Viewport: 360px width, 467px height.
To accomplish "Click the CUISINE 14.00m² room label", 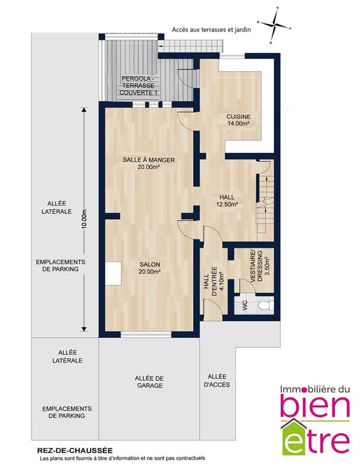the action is [x=238, y=120].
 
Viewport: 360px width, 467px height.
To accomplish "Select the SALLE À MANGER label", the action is [x=149, y=160].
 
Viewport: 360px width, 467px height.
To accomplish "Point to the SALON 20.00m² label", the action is [x=150, y=268].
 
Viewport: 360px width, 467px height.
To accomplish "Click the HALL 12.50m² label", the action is [x=227, y=200].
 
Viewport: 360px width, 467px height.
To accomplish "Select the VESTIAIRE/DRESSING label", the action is [x=260, y=266].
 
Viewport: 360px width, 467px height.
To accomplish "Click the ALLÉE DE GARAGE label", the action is [x=149, y=382].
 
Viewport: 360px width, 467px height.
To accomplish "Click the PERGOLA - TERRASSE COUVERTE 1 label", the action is [x=138, y=85].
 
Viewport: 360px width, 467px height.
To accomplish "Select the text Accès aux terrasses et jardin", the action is [x=211, y=30].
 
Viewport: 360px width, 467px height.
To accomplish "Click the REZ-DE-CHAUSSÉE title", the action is [x=75, y=451].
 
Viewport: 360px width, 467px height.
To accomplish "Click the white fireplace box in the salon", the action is [x=113, y=273].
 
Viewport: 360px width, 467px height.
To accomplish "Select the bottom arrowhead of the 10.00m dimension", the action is [x=84, y=329].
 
